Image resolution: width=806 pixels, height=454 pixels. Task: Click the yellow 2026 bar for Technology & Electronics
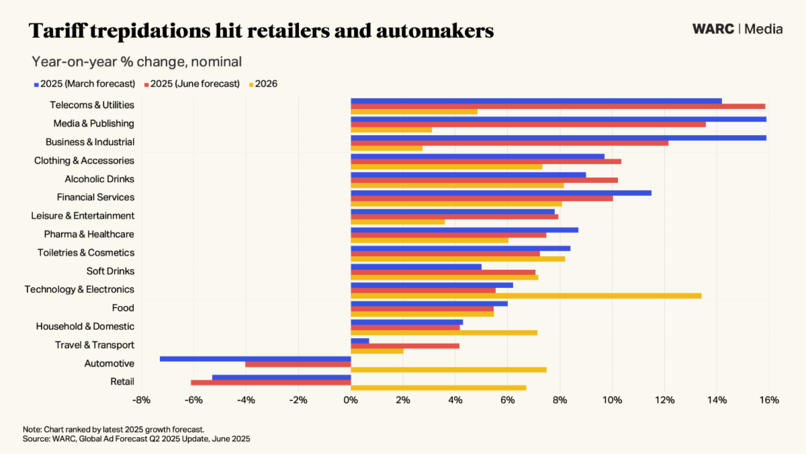pos(526,295)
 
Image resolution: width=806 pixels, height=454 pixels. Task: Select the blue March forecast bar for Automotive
pos(255,358)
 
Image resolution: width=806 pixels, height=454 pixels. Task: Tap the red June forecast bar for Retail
pos(271,382)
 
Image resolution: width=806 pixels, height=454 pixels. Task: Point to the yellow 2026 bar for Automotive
pos(449,369)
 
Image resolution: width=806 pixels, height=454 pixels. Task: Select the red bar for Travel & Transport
pos(405,346)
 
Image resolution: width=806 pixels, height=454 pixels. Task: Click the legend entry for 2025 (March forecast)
pos(85,84)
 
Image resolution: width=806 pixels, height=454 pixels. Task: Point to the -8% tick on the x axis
pos(141,400)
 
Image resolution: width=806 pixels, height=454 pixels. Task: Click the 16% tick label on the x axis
pos(769,400)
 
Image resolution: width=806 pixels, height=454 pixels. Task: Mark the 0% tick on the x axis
pos(351,400)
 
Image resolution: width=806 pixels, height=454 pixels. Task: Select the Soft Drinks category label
pos(110,271)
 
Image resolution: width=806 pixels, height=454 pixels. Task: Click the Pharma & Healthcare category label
pos(89,234)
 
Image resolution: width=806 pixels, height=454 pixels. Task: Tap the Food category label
pos(123,308)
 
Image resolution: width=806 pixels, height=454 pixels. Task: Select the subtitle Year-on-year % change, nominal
pos(136,62)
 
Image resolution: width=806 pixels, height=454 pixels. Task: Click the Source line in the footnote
pos(136,439)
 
